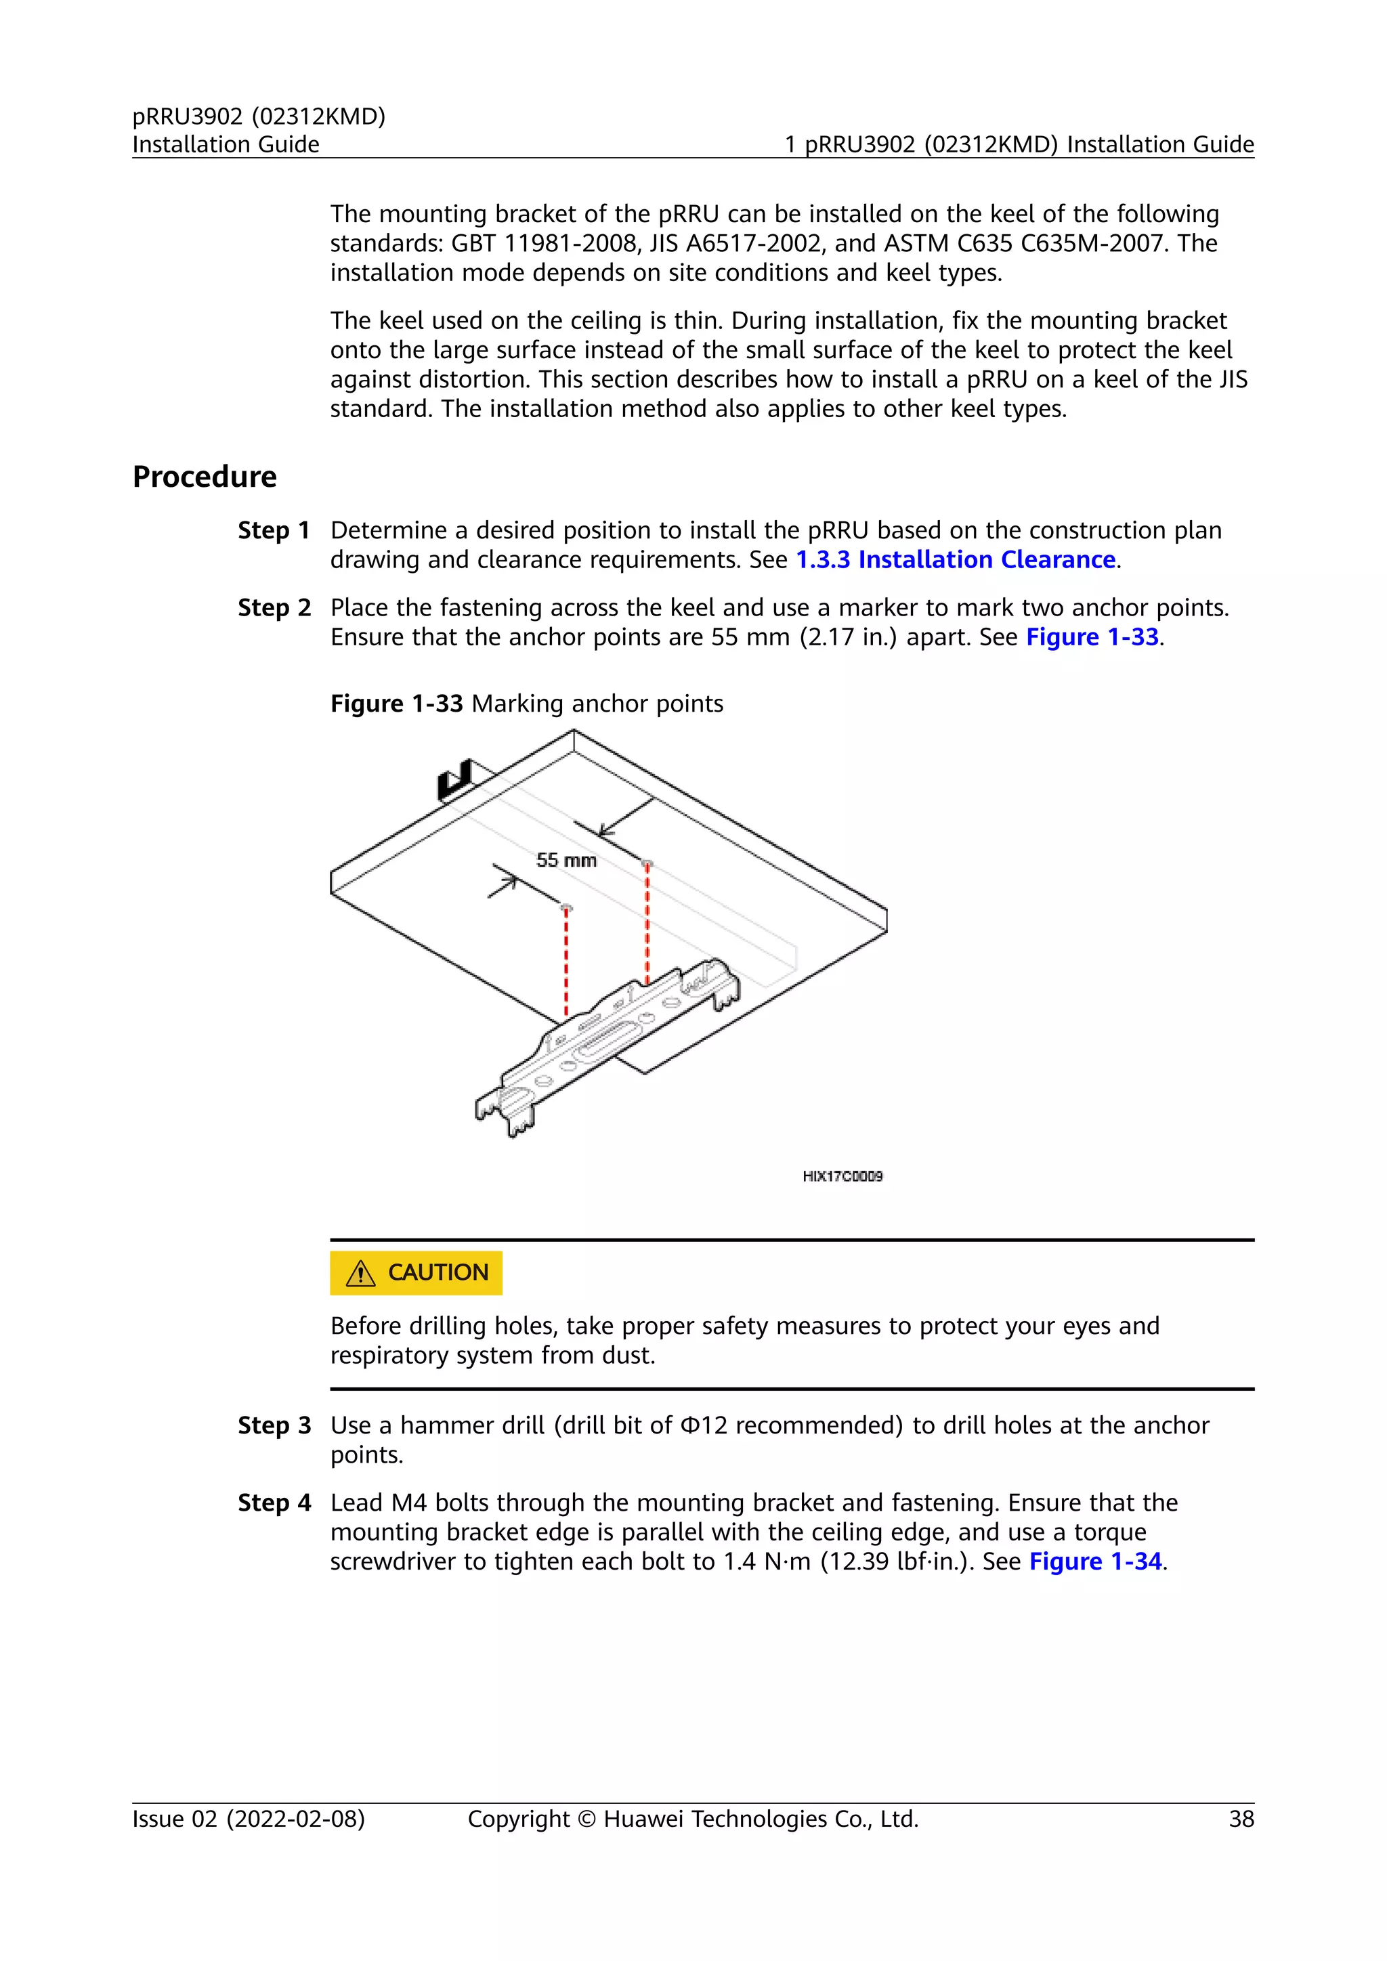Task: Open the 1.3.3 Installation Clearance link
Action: click(x=956, y=559)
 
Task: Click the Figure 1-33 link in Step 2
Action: click(x=1092, y=637)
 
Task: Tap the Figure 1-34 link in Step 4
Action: click(x=1095, y=1561)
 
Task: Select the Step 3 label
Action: click(x=274, y=1425)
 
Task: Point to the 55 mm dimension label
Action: click(x=566, y=860)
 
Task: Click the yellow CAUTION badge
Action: click(x=416, y=1272)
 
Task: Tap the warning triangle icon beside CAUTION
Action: click(x=361, y=1274)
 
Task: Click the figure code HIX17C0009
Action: click(x=842, y=1176)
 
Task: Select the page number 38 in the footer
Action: click(x=1241, y=1819)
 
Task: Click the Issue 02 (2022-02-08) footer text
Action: click(x=249, y=1819)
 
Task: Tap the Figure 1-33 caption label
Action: click(x=396, y=704)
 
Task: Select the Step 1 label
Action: click(x=274, y=530)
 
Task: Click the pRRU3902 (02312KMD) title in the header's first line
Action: click(x=259, y=116)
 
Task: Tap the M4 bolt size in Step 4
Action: click(x=408, y=1503)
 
